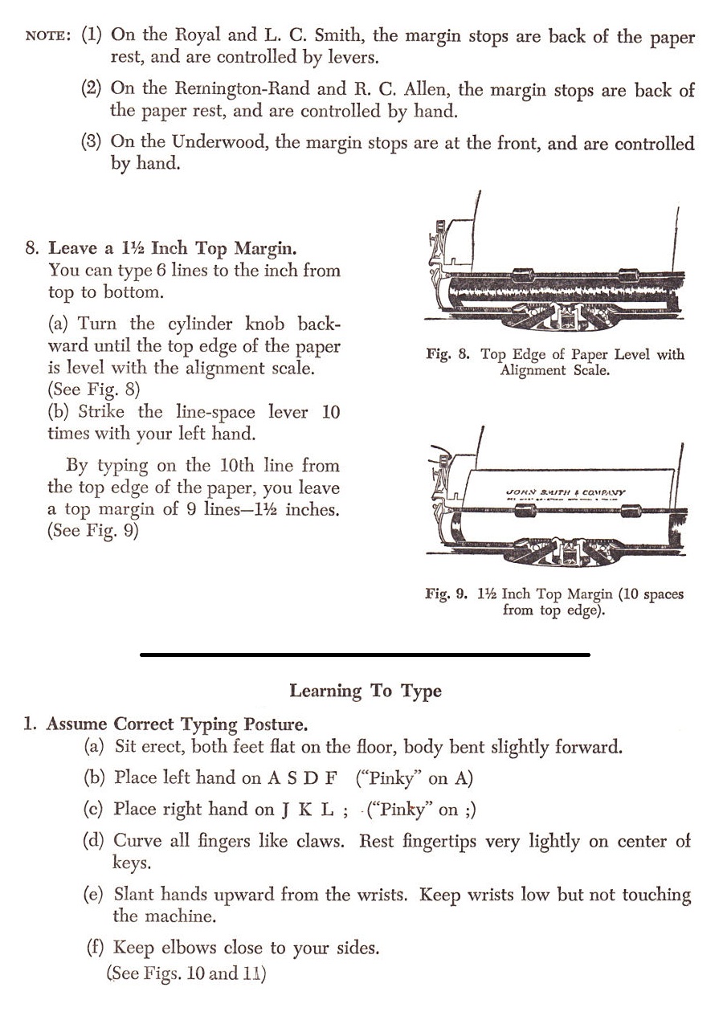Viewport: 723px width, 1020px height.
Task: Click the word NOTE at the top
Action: coord(49,37)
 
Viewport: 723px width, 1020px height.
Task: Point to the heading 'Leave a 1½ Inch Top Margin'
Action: coord(172,248)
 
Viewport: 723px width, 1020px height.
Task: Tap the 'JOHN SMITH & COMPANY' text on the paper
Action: coord(566,492)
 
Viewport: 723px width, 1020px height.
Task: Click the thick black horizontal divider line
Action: coord(366,655)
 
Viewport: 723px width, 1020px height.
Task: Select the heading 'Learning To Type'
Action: coord(366,691)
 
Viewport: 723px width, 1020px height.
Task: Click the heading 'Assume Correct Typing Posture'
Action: coord(177,724)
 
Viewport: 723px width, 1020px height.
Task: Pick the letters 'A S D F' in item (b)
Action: coord(302,777)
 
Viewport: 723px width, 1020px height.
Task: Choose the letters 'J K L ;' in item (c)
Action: coord(314,810)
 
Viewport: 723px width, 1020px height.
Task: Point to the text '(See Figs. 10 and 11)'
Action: coord(186,973)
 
